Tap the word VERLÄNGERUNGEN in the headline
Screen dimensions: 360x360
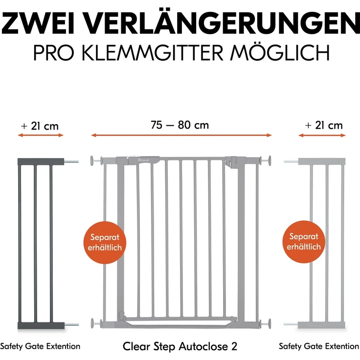click(x=228, y=23)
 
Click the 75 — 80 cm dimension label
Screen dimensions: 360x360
click(x=180, y=125)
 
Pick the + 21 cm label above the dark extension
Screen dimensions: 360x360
click(x=40, y=126)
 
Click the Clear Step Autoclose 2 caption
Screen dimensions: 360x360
click(x=180, y=346)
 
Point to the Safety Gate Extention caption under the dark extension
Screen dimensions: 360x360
click(x=40, y=346)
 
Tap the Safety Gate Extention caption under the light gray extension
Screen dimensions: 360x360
click(x=319, y=346)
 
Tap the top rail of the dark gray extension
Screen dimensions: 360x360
click(x=41, y=160)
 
